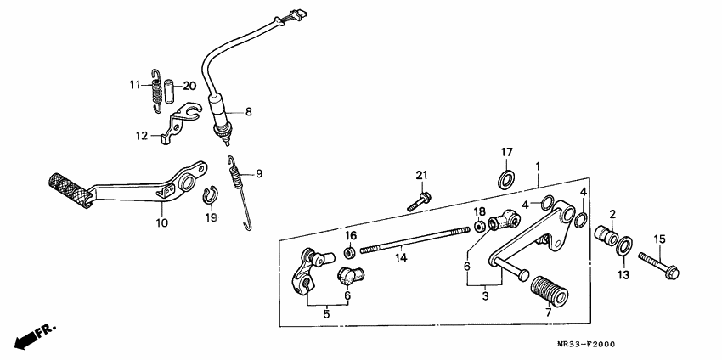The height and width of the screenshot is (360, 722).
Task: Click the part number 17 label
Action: pos(505,153)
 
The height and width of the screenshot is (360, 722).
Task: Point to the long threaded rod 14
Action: pos(415,240)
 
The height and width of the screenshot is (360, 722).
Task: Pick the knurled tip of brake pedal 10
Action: pos(65,187)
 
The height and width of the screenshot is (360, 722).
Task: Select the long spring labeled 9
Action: pos(241,191)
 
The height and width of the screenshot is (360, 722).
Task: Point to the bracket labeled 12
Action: pos(174,124)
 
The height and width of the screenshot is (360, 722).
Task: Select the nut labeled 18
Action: pos(480,226)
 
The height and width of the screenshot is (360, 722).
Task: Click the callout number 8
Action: pos(249,111)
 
